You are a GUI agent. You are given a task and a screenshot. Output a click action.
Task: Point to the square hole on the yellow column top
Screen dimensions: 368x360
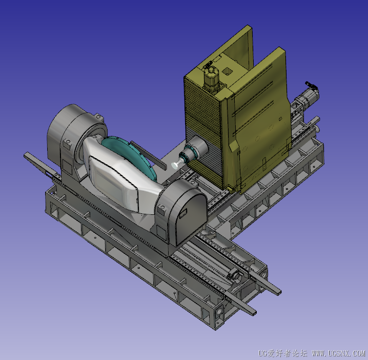[x=228, y=70]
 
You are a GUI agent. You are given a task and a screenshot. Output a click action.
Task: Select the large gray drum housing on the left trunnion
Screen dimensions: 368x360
[x=75, y=131]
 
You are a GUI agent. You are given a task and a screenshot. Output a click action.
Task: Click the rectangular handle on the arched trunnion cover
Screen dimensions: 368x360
[x=183, y=212]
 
